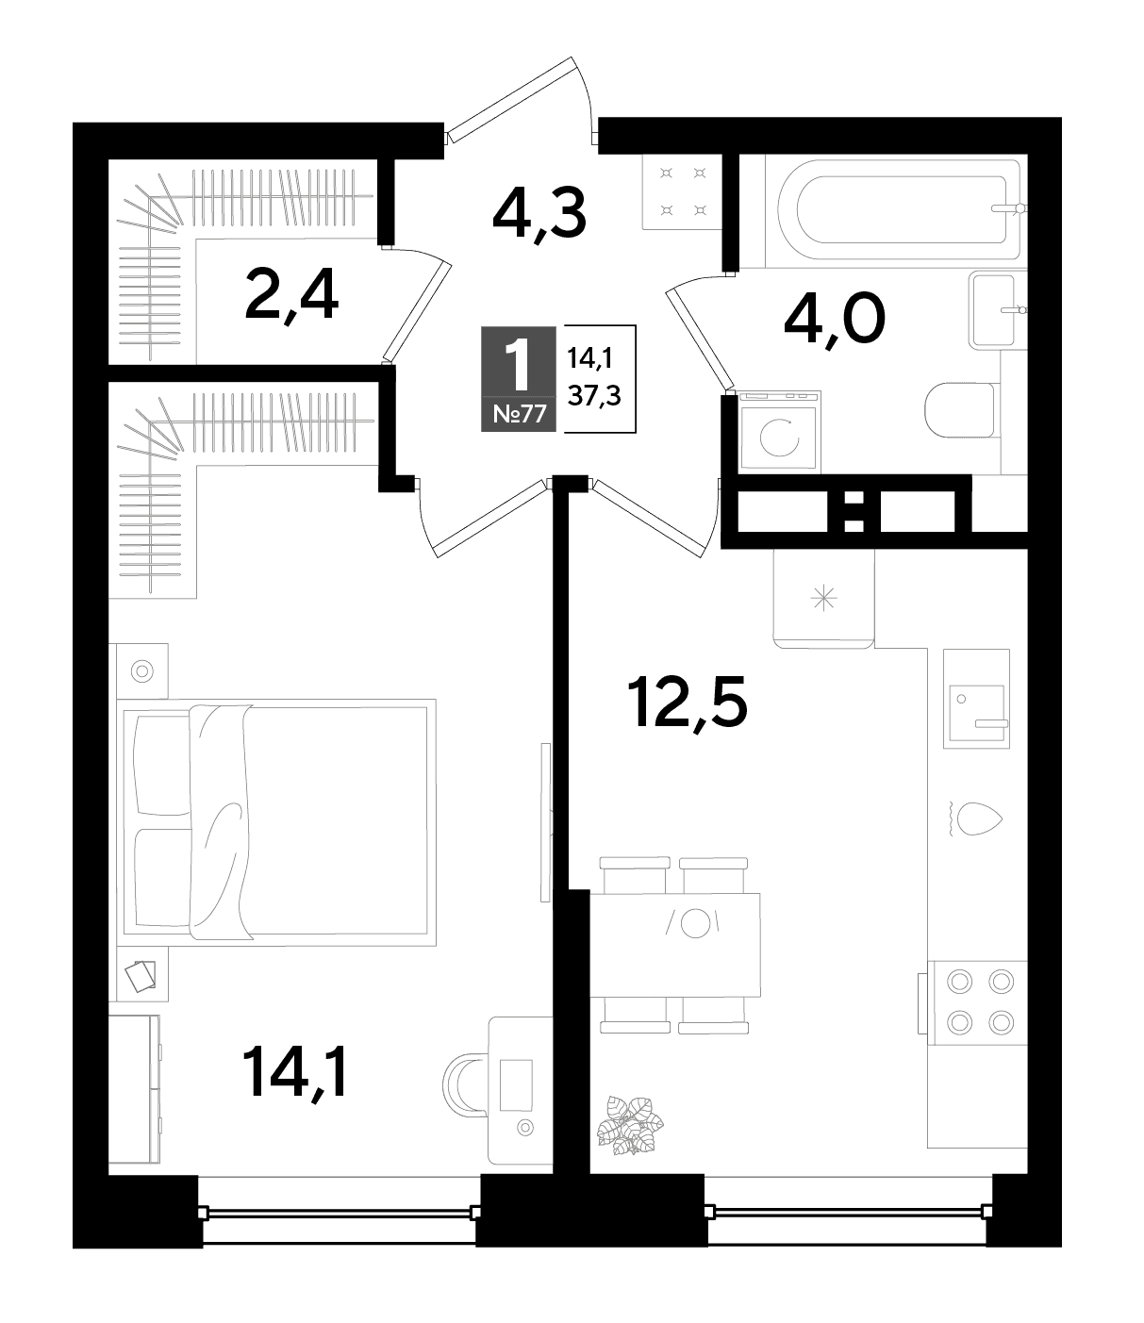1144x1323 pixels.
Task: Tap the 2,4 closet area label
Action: click(291, 296)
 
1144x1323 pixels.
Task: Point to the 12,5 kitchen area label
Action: click(688, 703)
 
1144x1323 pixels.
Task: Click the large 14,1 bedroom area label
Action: click(295, 1074)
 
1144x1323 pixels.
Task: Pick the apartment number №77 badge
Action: click(519, 414)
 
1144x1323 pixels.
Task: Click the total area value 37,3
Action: click(594, 397)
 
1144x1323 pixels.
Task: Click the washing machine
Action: click(779, 432)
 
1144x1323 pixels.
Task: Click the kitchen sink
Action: click(976, 699)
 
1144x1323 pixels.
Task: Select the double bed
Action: click(276, 822)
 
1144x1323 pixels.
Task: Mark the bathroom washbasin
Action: click(996, 310)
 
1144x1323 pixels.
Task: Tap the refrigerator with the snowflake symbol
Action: click(823, 599)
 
